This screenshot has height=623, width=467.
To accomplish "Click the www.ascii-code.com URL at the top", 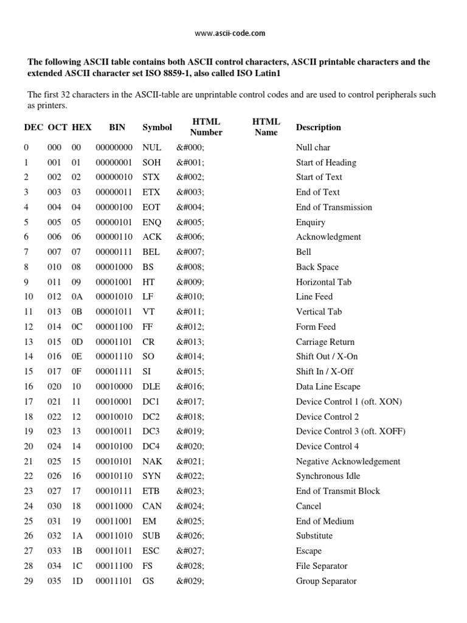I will [230, 33].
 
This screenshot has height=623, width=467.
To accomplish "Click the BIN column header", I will [117, 127].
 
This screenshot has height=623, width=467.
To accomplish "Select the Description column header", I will [318, 127].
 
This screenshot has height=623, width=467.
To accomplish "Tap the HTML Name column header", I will [266, 127].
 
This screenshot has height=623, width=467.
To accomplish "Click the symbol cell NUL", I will [151, 148].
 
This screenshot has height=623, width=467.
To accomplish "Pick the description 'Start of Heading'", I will [326, 162].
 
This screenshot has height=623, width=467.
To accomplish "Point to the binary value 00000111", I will [114, 252].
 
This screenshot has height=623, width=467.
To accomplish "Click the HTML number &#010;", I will [190, 297].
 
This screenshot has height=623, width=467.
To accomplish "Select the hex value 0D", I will [77, 342].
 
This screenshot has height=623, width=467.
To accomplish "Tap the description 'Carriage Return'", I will [325, 342].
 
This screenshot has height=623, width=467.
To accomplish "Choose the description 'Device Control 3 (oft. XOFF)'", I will [350, 431].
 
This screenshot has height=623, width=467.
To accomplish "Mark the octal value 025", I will [54, 461].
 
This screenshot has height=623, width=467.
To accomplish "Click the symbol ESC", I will [151, 551].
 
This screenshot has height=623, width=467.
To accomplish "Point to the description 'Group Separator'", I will [326, 581].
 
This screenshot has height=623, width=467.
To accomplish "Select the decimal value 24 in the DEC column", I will [29, 506].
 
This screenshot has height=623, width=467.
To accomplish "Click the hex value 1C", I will [77, 566].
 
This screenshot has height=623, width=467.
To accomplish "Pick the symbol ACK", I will [151, 237].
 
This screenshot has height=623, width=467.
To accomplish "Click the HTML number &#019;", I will [190, 431].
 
